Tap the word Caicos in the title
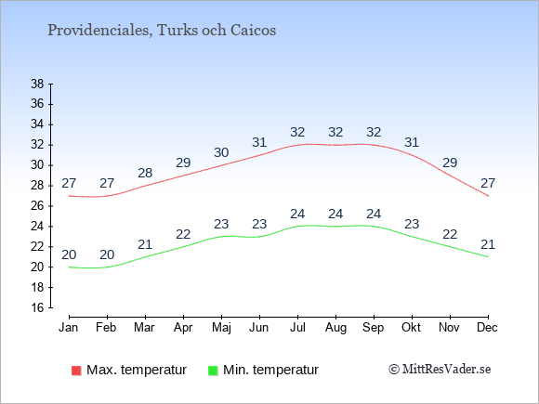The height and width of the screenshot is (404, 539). click(x=253, y=31)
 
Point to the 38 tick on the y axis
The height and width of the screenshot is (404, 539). click(x=37, y=84)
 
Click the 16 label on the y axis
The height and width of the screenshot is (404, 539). click(x=37, y=307)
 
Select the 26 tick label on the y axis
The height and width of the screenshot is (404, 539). click(x=37, y=206)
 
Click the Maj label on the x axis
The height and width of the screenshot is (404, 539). click(x=221, y=328)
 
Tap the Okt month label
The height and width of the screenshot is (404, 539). click(x=412, y=328)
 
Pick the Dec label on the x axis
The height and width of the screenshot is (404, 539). click(x=488, y=328)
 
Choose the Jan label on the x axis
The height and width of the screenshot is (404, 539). click(x=69, y=328)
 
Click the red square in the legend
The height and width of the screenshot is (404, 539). click(x=76, y=371)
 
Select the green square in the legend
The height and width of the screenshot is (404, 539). click(x=213, y=371)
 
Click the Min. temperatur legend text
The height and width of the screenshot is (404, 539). click(x=270, y=370)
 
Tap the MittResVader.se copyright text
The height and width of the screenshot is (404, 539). click(x=440, y=370)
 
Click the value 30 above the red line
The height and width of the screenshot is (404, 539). click(x=221, y=152)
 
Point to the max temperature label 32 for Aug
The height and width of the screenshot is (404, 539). click(x=335, y=132)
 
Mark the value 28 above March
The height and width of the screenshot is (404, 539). click(x=145, y=173)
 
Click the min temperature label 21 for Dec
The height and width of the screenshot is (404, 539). click(x=488, y=245)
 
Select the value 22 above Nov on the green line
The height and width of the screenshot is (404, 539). click(x=450, y=235)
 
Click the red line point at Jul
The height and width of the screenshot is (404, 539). click(x=297, y=145)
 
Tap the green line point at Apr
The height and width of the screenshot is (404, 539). click(x=183, y=247)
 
